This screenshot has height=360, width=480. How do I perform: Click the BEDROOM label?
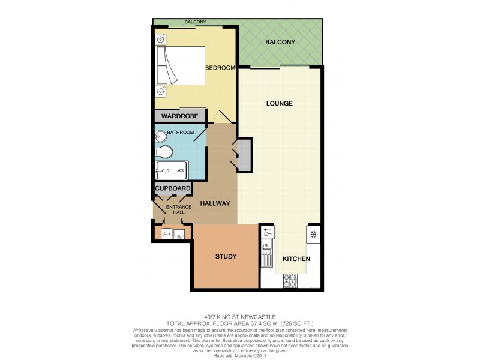tap(220, 68)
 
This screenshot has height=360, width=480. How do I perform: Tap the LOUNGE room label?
tap(279, 103)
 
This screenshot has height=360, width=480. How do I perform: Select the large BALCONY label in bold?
tap(280, 43)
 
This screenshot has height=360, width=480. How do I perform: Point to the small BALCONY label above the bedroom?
tap(196, 22)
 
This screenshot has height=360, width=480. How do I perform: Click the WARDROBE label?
tap(179, 116)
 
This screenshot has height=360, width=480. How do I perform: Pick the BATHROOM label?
tap(180, 132)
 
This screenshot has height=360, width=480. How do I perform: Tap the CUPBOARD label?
tap(173, 188)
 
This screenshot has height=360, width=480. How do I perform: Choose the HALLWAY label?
tap(215, 203)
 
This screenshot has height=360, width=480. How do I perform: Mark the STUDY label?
tap(226, 257)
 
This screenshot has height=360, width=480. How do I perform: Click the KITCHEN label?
tap(296, 259)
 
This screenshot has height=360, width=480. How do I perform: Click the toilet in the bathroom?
tap(164, 151)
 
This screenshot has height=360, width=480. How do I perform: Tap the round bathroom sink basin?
tap(161, 135)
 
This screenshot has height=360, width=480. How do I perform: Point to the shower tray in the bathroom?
tap(172, 171)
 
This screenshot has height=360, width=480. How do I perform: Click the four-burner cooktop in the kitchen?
tap(290, 280)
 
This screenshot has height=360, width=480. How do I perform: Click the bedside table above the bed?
tap(161, 40)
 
